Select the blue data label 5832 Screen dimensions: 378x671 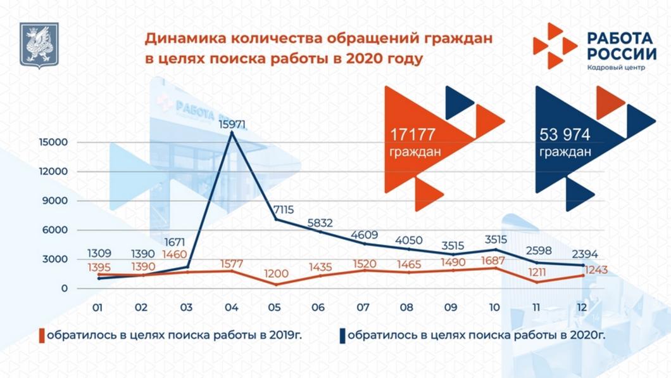pyautogui.click(x=320, y=223)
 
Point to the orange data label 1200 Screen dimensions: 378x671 pyautogui.click(x=276, y=274)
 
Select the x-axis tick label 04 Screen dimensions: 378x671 pyautogui.click(x=231, y=308)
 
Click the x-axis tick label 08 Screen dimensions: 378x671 pyautogui.click(x=407, y=308)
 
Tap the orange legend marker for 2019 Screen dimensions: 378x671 pyautogui.click(x=42, y=335)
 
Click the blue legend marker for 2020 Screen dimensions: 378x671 pyautogui.click(x=342, y=335)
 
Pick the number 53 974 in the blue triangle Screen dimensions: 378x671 pyautogui.click(x=565, y=134)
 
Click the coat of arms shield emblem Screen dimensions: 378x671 pyautogui.click(x=39, y=44)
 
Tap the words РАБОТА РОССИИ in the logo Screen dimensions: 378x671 pyautogui.click(x=621, y=46)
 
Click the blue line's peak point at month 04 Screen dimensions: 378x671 pyautogui.click(x=232, y=133)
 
